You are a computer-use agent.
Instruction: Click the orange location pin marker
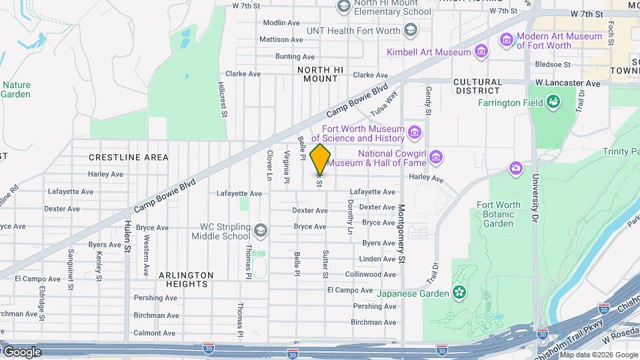coord(321,159)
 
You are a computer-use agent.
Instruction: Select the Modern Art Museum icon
coord(507,41)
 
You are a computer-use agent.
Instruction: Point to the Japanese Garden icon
coord(459,292)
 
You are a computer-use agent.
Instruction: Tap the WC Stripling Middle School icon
coord(260,231)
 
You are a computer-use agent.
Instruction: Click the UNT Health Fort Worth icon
coord(410,31)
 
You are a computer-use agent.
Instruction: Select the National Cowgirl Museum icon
coord(436,157)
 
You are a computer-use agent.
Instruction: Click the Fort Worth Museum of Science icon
coord(415,133)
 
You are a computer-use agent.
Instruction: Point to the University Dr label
coord(535,198)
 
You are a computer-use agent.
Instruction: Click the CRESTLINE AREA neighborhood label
coord(129,157)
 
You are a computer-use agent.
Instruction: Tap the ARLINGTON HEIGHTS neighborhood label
coord(186,279)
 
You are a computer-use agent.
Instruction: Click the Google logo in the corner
coord(21,352)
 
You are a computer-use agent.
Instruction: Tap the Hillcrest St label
coord(223,101)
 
